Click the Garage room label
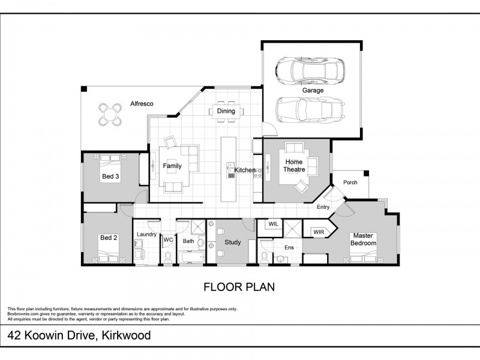(313, 91)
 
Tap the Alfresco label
(142, 104)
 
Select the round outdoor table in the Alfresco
(110, 115)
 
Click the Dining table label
(226, 111)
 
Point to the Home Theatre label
(294, 166)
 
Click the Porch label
(350, 182)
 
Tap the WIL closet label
(274, 224)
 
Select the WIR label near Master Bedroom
(319, 232)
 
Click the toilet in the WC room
(168, 257)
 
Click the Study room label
(233, 242)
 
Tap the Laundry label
(146, 234)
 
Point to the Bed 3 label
(110, 176)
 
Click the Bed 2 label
(109, 238)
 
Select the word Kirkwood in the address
(126, 335)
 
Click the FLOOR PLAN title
(239, 287)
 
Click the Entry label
(323, 207)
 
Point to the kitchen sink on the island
(230, 170)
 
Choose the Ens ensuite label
(289, 247)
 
